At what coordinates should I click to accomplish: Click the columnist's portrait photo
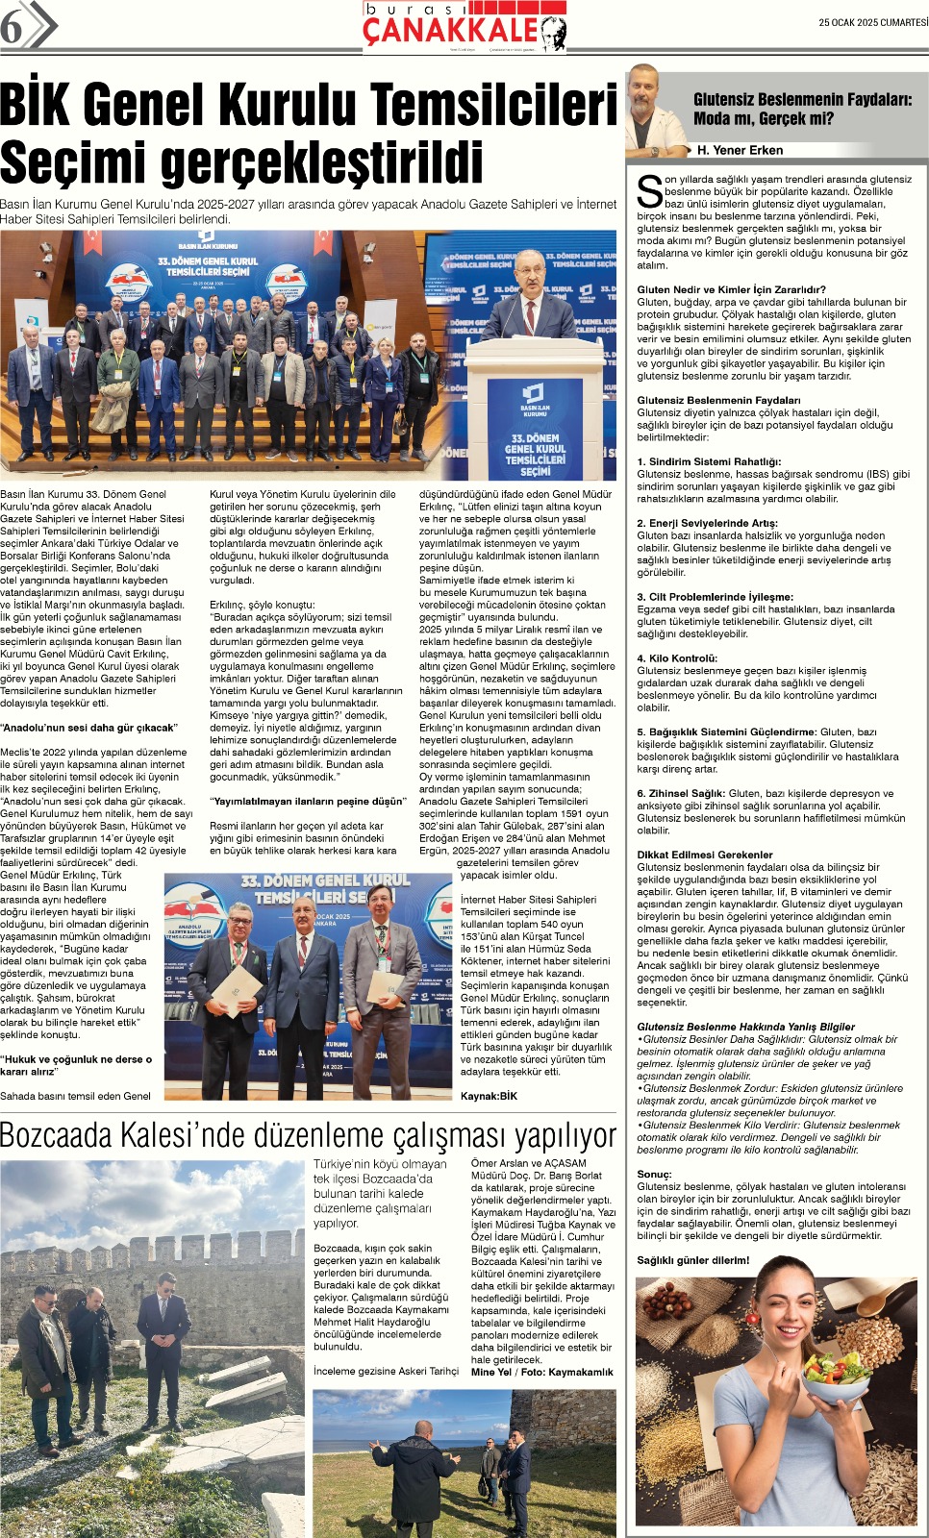click(657, 112)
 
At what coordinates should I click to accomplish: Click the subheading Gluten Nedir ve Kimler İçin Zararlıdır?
click(731, 289)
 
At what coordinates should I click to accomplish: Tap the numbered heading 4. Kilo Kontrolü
click(677, 658)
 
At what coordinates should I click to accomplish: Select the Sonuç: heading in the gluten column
click(654, 1174)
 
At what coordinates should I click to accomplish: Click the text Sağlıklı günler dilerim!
click(692, 1260)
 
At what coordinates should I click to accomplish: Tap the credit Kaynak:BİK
click(489, 1096)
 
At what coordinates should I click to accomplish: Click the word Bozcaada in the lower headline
click(57, 1135)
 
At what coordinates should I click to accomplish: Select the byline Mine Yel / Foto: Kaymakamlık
click(541, 1372)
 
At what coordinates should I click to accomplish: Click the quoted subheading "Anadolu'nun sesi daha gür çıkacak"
click(88, 728)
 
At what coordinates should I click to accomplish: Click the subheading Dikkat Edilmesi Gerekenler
click(704, 855)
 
